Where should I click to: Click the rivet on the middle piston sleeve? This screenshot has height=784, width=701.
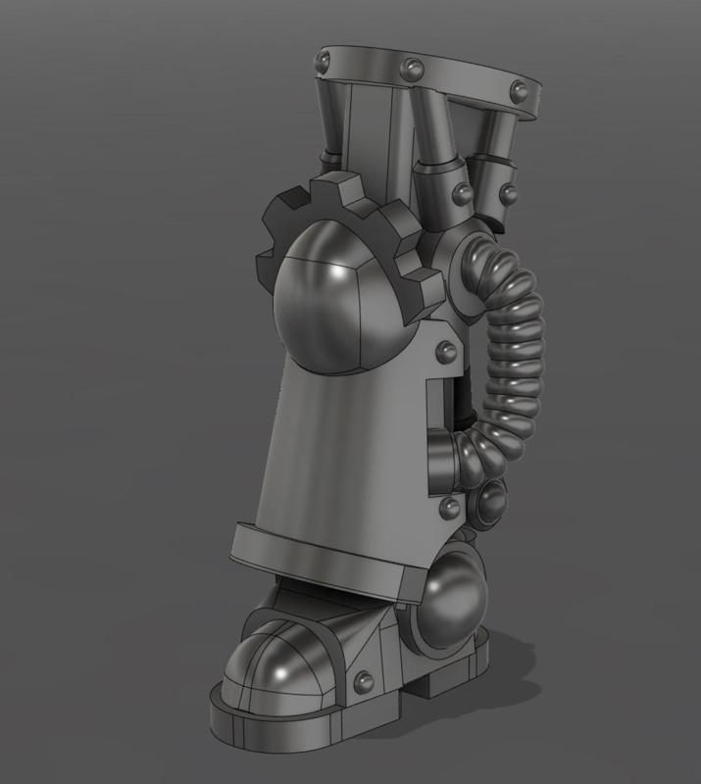coord(462,189)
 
